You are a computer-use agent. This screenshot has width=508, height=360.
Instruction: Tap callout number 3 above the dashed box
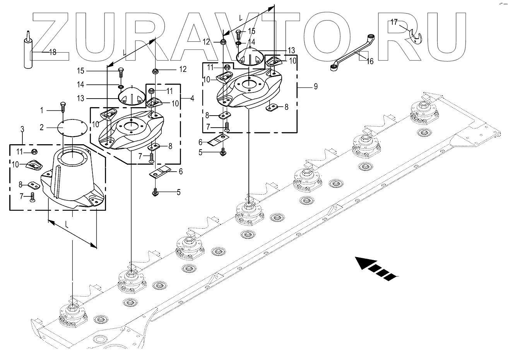pyautogui.click(x=22, y=129)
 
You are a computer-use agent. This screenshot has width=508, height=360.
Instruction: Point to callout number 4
pyautogui.click(x=192, y=98)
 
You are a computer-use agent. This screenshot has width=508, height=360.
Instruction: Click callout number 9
pyautogui.click(x=315, y=86)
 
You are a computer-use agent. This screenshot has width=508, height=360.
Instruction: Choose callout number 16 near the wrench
pyautogui.click(x=370, y=61)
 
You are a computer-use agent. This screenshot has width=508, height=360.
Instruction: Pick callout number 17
pyautogui.click(x=393, y=22)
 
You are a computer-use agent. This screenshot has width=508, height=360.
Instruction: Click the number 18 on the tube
pyautogui.click(x=52, y=52)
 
